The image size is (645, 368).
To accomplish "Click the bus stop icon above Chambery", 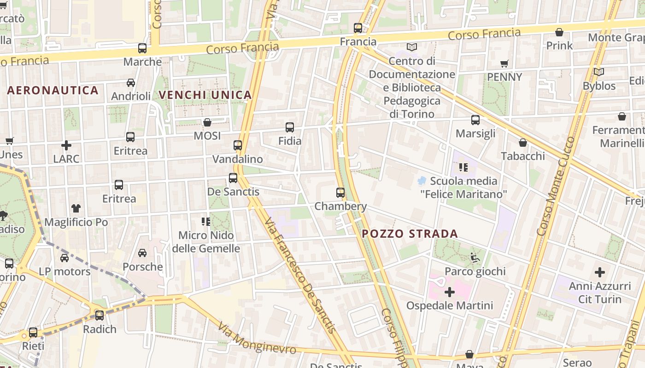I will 340,193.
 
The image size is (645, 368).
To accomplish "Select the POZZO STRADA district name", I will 410,234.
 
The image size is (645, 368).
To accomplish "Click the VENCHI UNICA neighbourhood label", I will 205,95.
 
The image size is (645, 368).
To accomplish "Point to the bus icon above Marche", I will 142,48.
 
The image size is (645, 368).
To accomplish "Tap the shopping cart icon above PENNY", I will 504,63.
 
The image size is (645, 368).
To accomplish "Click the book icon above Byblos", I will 599,72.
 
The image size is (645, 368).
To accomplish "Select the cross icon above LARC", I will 66,145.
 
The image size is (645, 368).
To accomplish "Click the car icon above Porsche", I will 142,253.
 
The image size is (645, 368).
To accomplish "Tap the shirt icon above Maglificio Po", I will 76,208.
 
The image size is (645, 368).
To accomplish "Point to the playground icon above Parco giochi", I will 475,258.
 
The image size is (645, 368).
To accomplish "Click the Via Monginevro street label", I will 257,339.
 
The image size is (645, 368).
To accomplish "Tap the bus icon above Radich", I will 100,316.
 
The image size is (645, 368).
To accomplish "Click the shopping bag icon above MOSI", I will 207,122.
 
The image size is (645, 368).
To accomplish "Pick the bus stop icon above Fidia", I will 290,127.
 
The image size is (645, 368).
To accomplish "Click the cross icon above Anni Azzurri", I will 599,272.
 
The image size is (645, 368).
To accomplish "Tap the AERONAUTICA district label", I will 53,91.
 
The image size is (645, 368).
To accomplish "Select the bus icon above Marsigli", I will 475,120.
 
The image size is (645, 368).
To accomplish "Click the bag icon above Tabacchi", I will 523,143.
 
